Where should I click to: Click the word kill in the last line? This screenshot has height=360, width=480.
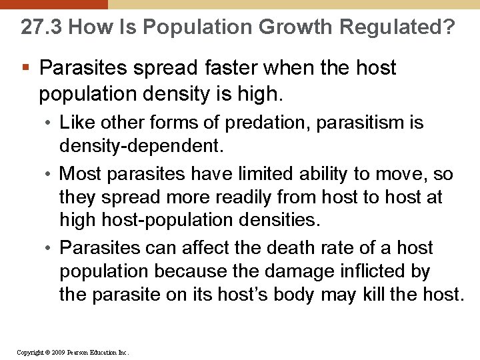point(375,295)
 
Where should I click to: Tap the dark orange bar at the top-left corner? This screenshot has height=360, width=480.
point(53,4)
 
